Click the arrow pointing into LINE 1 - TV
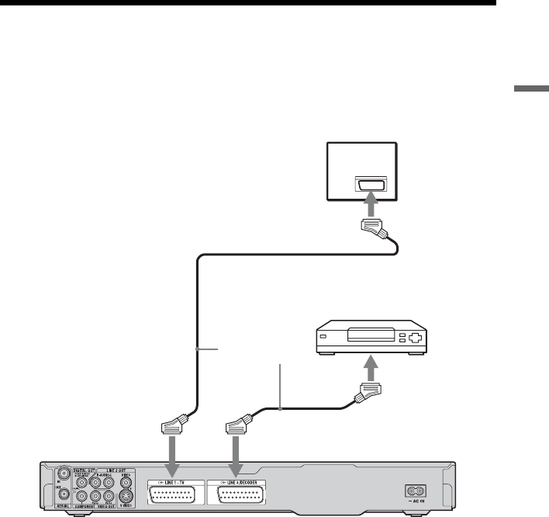click(x=171, y=455)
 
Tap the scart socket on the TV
click(x=368, y=184)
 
